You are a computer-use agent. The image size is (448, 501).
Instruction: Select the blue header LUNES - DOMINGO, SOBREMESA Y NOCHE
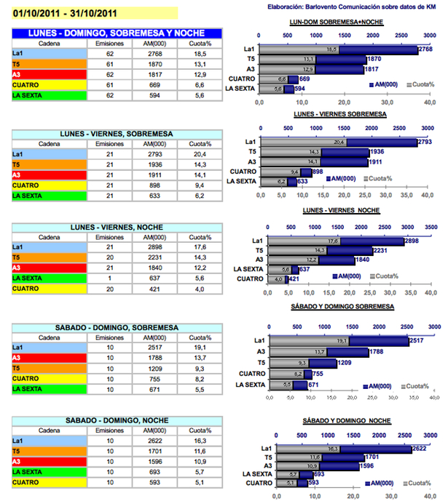click(x=117, y=33)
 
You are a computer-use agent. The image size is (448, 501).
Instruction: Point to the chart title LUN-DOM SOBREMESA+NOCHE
click(x=336, y=23)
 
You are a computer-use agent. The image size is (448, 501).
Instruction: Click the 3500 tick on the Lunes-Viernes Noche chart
click(x=431, y=227)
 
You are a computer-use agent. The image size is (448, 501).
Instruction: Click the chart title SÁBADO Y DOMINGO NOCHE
click(x=339, y=422)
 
